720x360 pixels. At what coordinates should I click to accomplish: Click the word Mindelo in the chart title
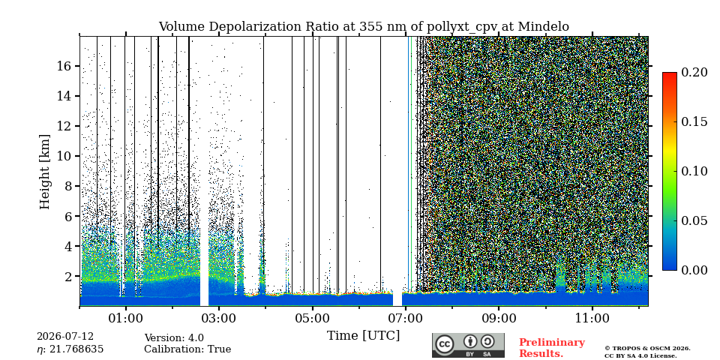point(544,27)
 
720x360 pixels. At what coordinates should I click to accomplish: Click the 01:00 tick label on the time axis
point(126,319)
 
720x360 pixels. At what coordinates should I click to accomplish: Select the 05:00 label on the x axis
point(313,319)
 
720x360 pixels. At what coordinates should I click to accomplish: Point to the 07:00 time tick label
point(406,319)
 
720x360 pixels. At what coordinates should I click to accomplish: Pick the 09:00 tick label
point(499,319)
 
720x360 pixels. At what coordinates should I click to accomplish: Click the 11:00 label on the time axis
point(592,319)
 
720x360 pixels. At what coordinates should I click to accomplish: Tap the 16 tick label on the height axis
point(65,66)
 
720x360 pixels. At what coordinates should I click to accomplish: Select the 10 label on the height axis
point(65,156)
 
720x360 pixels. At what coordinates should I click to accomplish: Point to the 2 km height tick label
point(69,277)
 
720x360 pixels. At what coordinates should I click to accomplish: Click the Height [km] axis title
point(44,172)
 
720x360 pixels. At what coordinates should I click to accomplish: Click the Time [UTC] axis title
point(363,336)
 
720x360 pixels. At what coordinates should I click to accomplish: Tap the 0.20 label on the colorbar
point(694,72)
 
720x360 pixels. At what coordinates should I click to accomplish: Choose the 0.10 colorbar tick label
point(694,171)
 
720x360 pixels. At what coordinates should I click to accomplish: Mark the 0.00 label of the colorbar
point(694,270)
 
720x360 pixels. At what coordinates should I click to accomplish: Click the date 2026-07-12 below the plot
point(65,337)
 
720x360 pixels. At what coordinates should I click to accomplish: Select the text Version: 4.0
point(174,338)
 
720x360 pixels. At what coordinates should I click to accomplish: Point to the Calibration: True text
point(187,349)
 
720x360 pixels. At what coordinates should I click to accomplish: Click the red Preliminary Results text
point(552,348)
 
